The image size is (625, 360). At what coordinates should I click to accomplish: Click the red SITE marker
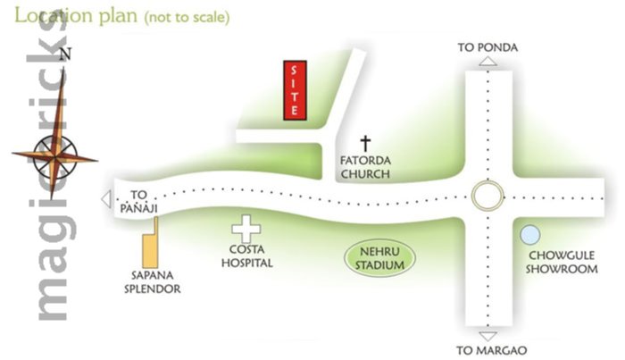pos(295,91)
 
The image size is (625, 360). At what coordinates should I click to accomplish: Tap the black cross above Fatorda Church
pos(364,143)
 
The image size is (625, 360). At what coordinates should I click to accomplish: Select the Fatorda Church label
pos(365,167)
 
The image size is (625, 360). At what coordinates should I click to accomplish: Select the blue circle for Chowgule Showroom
pos(530,235)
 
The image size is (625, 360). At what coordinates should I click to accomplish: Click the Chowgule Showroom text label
pos(561,262)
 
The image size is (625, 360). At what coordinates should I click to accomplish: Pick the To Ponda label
pos(487,46)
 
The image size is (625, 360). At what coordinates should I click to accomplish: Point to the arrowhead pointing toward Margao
pos(488,331)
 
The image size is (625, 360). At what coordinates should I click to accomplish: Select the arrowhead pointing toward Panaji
pos(107,199)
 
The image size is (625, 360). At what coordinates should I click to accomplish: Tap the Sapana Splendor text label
pos(152,283)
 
